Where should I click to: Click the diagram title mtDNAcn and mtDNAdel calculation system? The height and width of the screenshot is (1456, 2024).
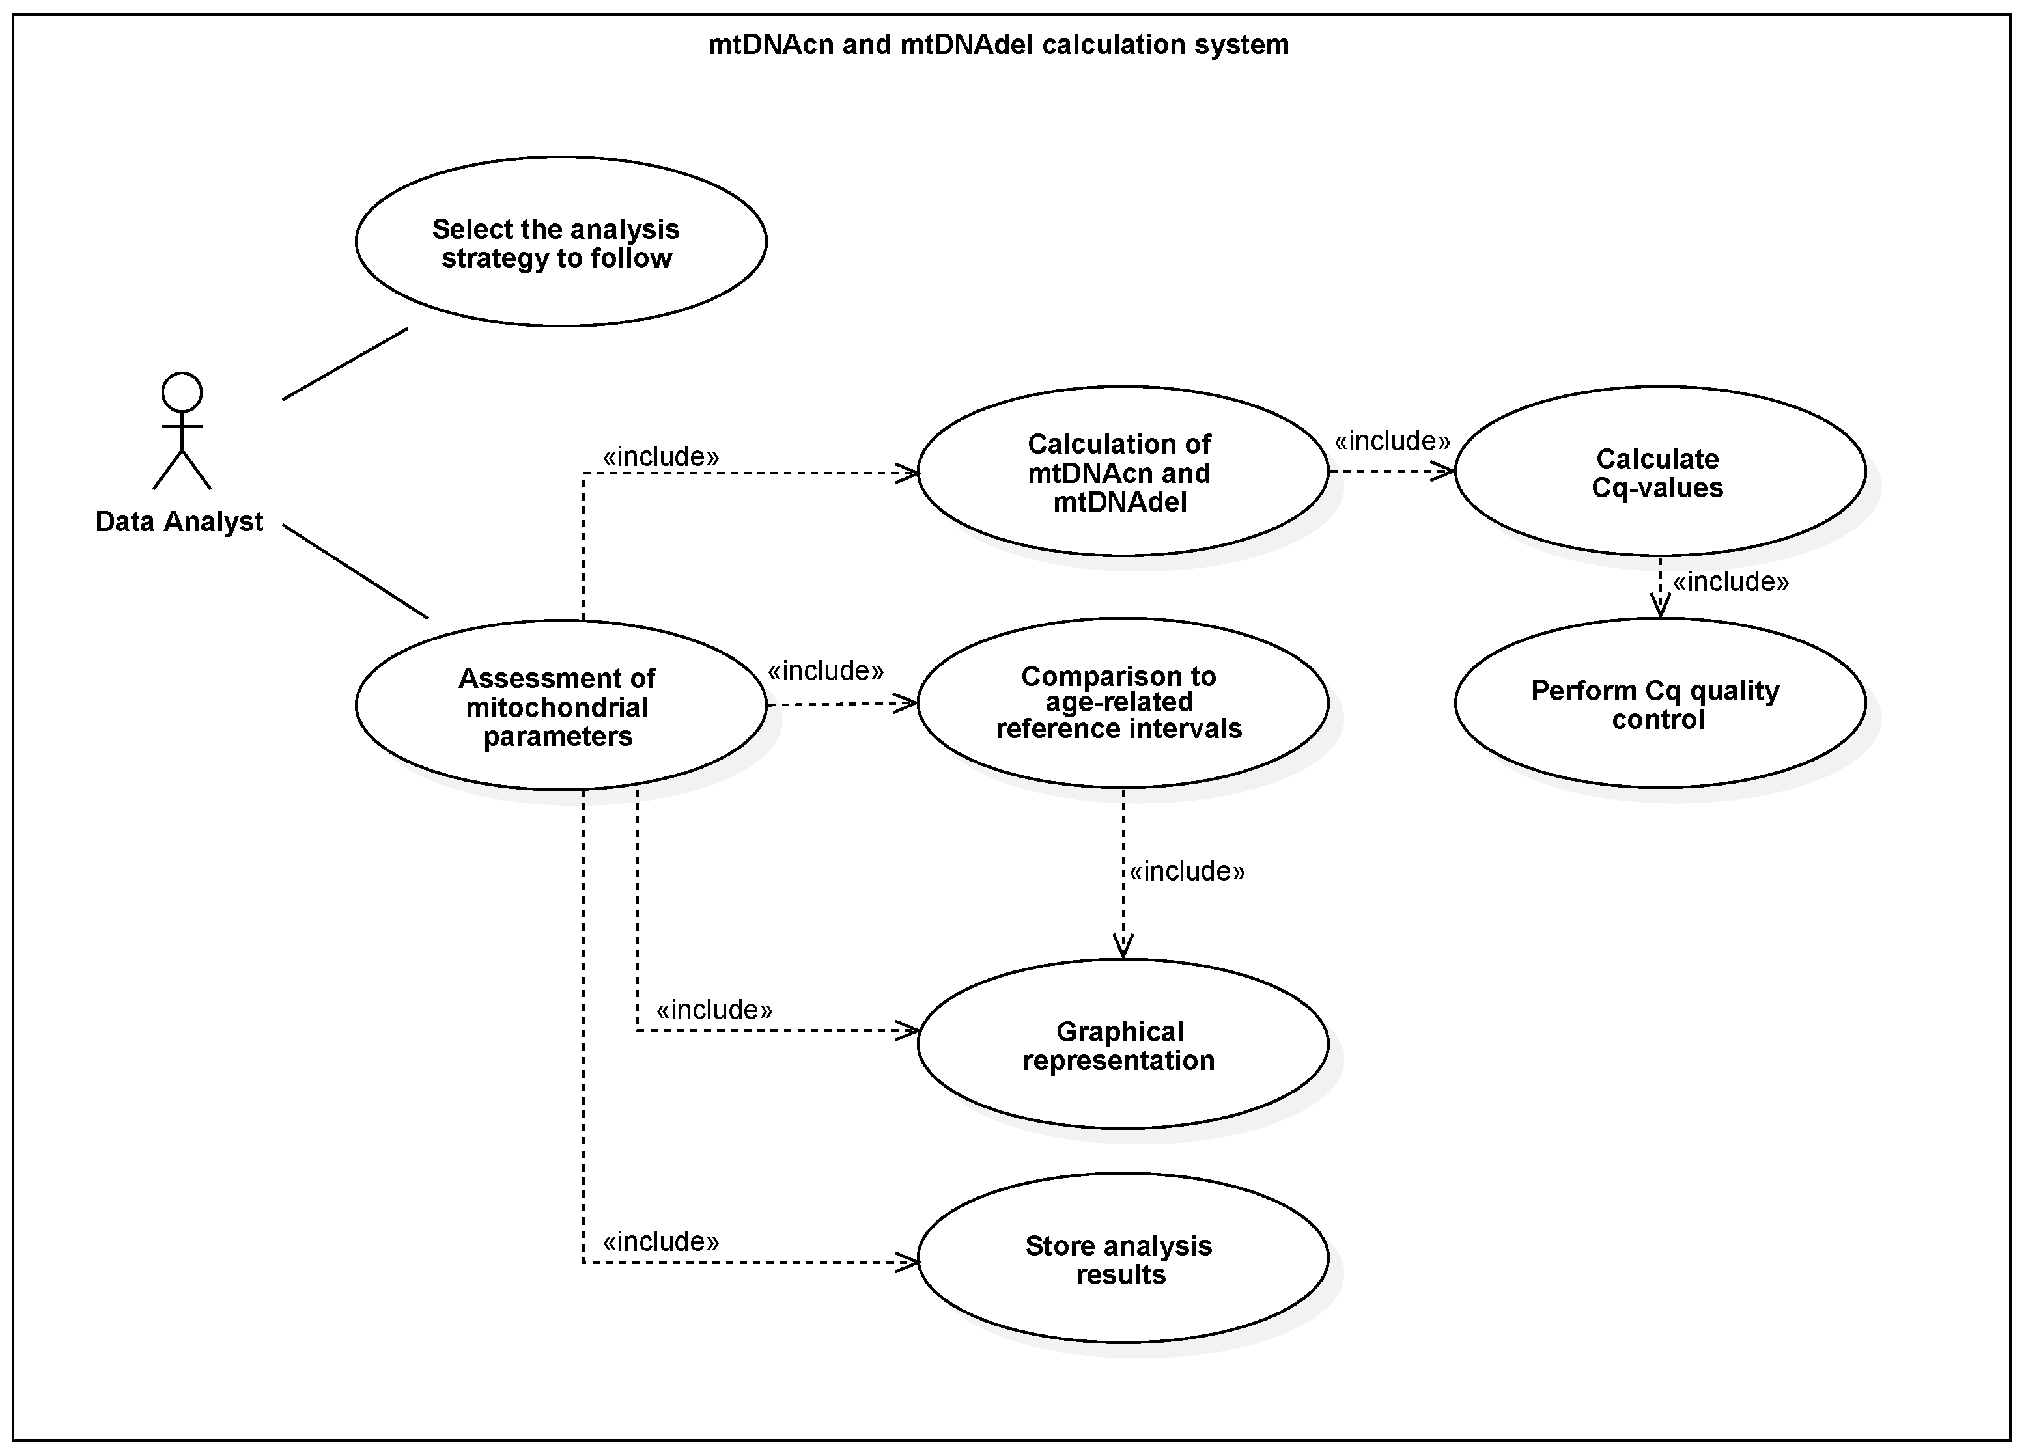click(x=998, y=45)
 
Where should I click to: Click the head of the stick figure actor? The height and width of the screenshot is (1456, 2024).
click(x=182, y=392)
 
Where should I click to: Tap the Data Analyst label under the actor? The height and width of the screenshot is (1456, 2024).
click(x=178, y=522)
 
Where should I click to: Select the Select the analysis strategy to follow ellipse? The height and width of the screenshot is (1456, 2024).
click(x=561, y=241)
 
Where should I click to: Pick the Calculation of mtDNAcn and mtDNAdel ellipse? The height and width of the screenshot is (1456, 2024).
click(x=1122, y=472)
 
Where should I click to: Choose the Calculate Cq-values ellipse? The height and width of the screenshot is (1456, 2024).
click(x=1659, y=472)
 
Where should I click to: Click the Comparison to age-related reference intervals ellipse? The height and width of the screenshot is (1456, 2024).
click(x=1122, y=703)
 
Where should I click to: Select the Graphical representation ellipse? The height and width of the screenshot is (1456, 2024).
click(x=1122, y=1045)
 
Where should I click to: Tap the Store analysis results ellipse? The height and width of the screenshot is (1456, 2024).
click(x=1122, y=1259)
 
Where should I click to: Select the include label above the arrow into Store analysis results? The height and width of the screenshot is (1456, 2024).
click(x=660, y=1242)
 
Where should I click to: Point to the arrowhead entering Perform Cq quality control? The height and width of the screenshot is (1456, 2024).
click(x=1660, y=607)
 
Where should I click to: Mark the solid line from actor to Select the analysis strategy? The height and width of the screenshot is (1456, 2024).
click(x=344, y=364)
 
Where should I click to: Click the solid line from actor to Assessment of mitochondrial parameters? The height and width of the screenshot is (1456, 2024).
click(x=355, y=571)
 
